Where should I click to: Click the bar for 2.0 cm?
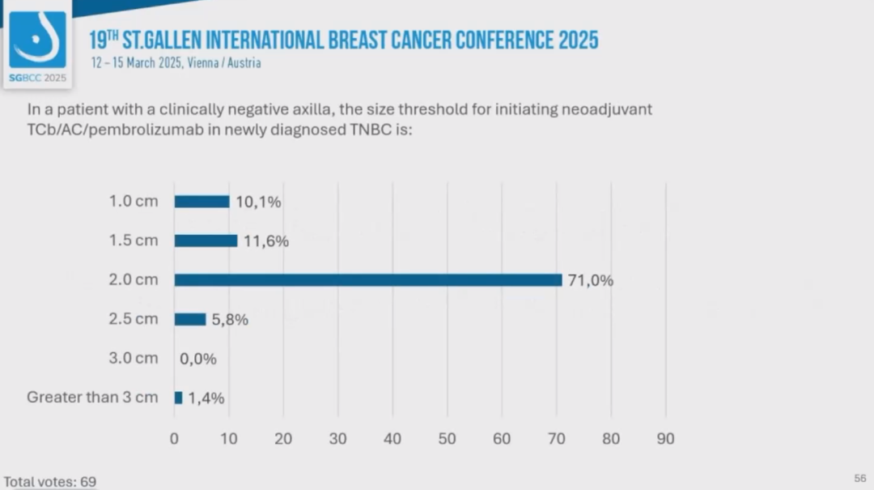click(x=368, y=280)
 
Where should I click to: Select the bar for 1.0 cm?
click(x=202, y=202)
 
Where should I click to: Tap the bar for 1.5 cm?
click(x=206, y=241)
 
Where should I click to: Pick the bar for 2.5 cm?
click(x=190, y=319)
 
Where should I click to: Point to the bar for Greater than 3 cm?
click(x=178, y=398)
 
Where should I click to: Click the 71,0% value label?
click(x=590, y=280)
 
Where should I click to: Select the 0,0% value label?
click(x=198, y=359)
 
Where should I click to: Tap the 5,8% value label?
click(x=230, y=320)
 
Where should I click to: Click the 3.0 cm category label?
click(x=134, y=358)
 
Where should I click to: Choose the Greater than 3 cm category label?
click(x=92, y=397)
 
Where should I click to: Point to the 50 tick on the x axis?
click(x=448, y=439)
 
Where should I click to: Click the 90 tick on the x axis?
click(x=665, y=439)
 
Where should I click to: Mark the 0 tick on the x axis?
click(x=174, y=439)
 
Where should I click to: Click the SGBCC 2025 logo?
click(x=37, y=45)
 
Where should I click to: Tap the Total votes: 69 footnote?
click(x=49, y=482)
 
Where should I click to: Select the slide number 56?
click(x=859, y=479)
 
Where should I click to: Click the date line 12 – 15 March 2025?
click(x=137, y=63)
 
